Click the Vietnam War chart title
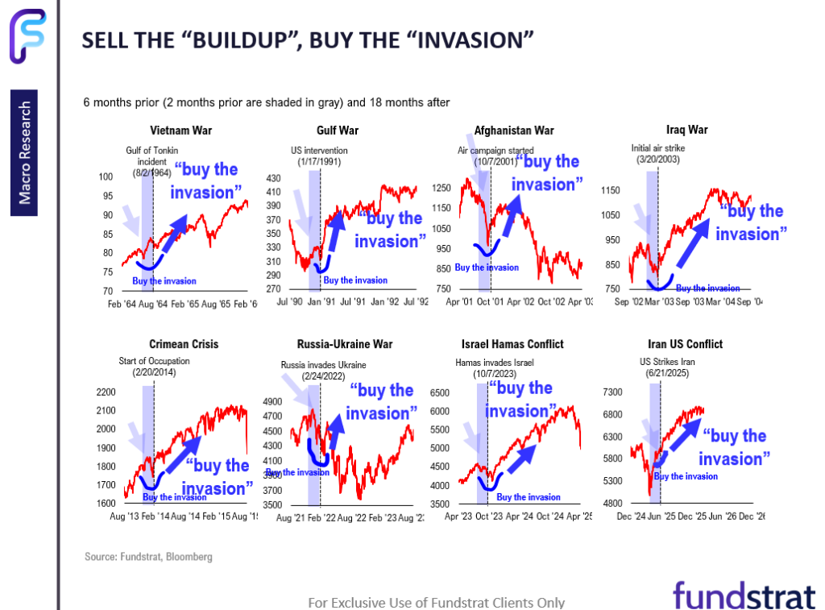tap(180, 131)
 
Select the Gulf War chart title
tap(338, 131)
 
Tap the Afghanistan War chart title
tap(514, 131)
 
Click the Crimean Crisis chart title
tap(184, 344)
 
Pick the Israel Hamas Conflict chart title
tap(509, 344)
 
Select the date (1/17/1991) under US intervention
tap(317, 162)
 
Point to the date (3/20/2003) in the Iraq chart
tap(657, 160)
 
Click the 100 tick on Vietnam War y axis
tap(105, 177)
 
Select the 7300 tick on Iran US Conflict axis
tap(615, 392)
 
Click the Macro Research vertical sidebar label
tap(27, 153)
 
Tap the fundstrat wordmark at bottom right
tap(744, 595)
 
